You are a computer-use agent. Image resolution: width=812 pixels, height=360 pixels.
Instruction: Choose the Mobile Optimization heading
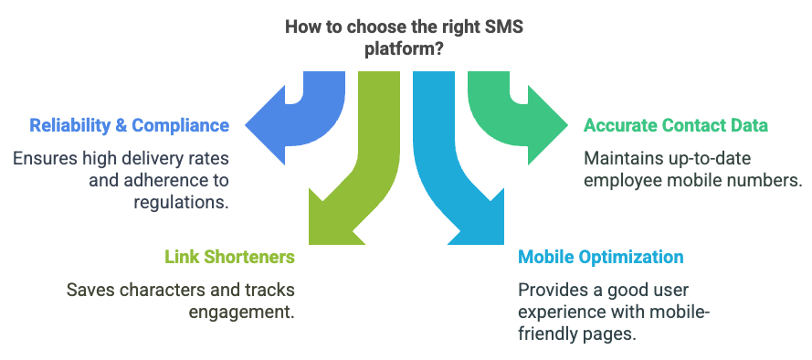tap(599, 257)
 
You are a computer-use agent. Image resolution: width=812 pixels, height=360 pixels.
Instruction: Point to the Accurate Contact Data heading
tap(676, 124)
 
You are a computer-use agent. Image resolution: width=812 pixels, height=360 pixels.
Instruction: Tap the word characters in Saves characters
tap(155, 290)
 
